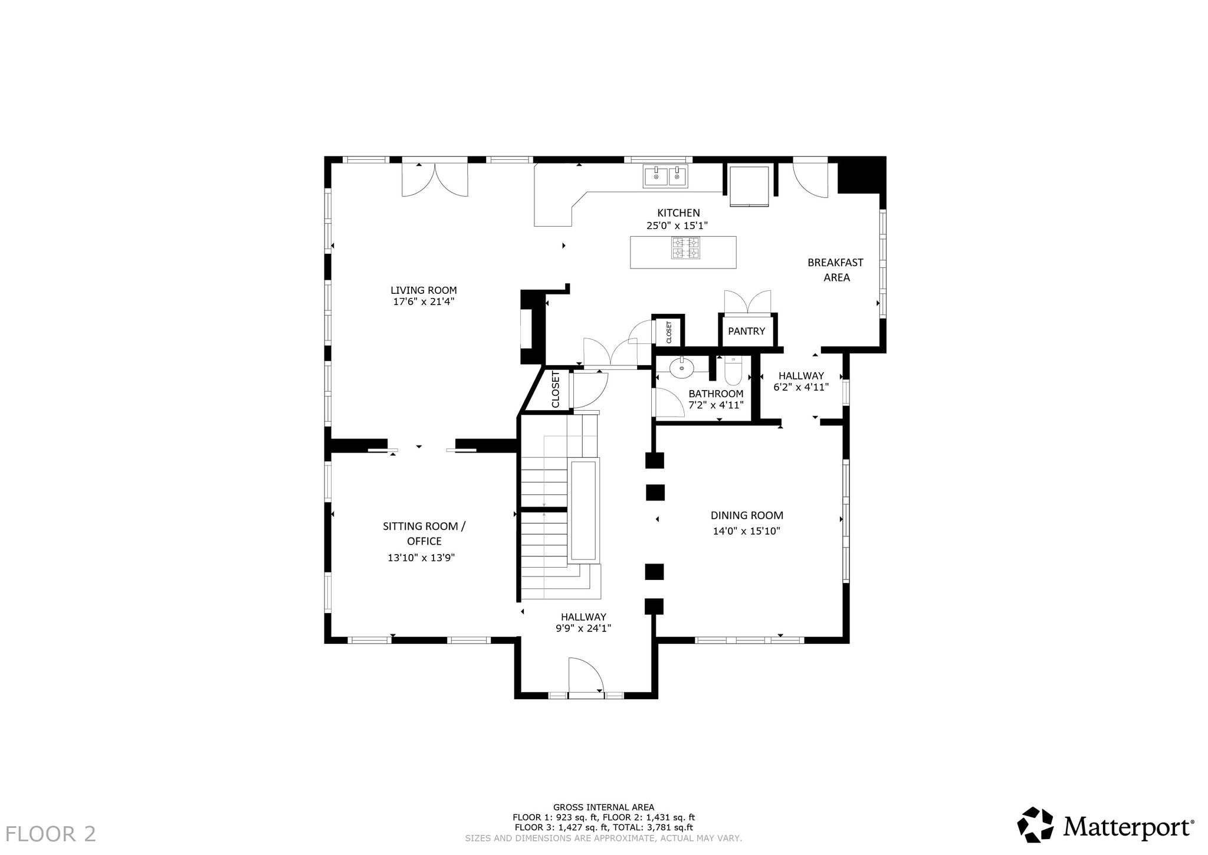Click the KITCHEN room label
(678, 213)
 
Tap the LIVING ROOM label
(424, 290)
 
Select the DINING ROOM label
(747, 516)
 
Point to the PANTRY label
(746, 331)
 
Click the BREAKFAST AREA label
(836, 270)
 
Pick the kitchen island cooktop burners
(685, 248)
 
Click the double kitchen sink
(665, 176)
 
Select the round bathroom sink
(682, 368)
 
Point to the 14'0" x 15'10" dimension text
(746, 531)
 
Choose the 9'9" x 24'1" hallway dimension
(583, 628)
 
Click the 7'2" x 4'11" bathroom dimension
(715, 405)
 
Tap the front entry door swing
(586, 676)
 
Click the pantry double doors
(747, 302)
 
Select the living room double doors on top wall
(435, 179)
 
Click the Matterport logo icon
(1035, 825)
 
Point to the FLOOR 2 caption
(51, 834)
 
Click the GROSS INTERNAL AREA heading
(603, 807)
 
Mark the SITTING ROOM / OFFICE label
(424, 533)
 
